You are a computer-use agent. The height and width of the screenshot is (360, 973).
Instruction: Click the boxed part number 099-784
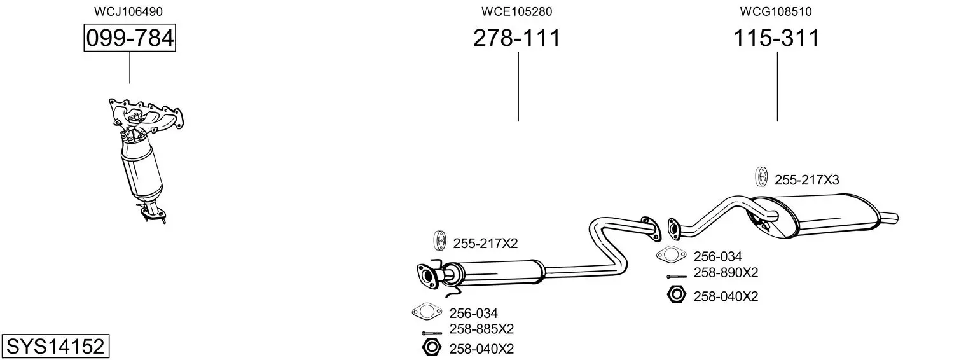[x=130, y=38]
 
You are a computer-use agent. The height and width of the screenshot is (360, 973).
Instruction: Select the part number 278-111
[x=517, y=38]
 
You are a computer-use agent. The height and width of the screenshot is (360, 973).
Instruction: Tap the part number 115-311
[x=776, y=38]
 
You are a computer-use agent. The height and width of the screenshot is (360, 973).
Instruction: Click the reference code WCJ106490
[x=128, y=11]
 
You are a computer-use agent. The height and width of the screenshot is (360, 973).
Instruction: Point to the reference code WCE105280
[x=516, y=11]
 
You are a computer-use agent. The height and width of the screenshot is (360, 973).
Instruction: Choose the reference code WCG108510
[x=776, y=11]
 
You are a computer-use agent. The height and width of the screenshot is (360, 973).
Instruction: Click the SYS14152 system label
[x=55, y=347]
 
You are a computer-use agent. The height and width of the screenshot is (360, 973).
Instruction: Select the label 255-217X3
[x=807, y=180]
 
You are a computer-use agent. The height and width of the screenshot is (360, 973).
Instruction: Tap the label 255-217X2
[x=486, y=244]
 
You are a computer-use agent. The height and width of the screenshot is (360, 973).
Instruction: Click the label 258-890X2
[x=726, y=273]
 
